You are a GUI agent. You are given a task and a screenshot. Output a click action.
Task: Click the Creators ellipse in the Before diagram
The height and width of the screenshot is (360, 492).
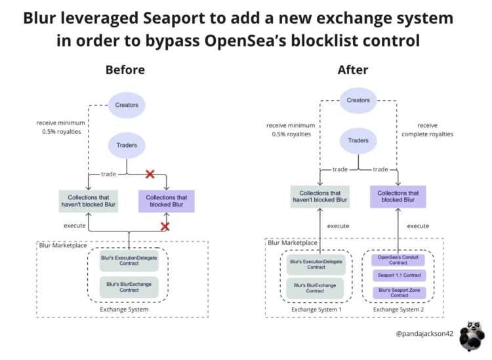point(127,105)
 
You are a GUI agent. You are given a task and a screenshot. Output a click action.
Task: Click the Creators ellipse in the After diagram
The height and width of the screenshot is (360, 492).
point(358,100)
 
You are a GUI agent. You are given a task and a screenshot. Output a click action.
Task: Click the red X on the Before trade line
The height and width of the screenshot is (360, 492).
point(150,174)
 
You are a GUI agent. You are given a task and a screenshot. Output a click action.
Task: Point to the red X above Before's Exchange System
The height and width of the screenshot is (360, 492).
point(165,226)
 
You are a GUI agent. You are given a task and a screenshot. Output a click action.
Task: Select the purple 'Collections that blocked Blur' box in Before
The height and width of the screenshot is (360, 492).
point(166,201)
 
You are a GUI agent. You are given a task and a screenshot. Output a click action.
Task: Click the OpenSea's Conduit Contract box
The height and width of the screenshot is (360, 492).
point(398,260)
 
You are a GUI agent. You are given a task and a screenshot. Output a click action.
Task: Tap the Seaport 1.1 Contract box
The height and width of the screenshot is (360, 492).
point(398,275)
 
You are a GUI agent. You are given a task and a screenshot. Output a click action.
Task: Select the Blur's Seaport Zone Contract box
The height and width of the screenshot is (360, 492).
point(398,292)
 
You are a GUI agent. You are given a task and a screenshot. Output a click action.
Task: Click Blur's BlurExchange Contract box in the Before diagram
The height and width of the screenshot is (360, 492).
point(129,287)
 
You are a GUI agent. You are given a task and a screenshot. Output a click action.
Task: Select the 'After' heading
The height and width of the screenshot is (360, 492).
point(353,70)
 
